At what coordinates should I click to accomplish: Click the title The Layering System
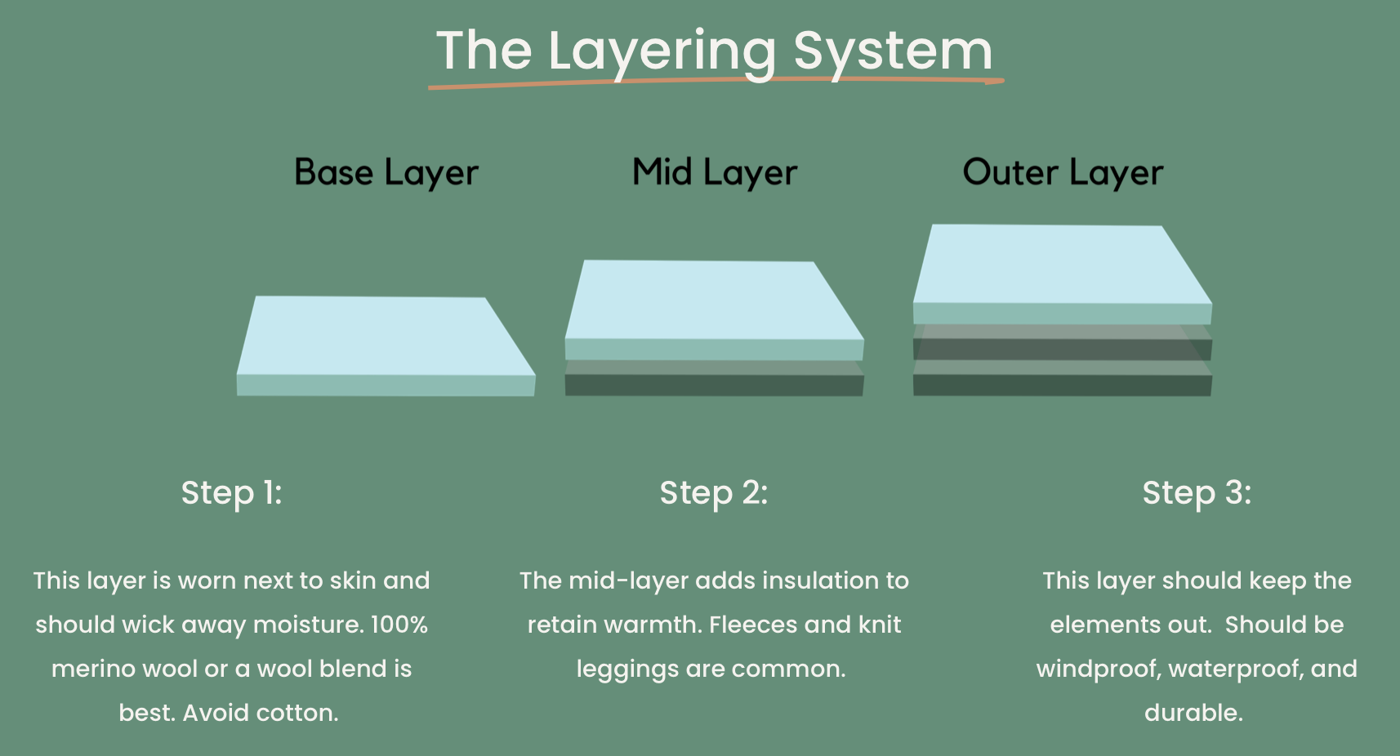point(714,51)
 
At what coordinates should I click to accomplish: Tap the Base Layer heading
point(386,173)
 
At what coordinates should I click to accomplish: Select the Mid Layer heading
point(715,173)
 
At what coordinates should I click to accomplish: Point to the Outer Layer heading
point(1063,173)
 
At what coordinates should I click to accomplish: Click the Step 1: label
point(231,493)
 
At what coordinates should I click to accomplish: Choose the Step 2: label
point(714,493)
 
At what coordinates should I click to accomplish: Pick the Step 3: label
point(1197,493)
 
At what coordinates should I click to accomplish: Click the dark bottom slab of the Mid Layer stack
point(714,385)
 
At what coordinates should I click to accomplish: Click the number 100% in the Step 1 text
point(399,625)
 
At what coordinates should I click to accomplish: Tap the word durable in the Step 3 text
point(1193,714)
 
